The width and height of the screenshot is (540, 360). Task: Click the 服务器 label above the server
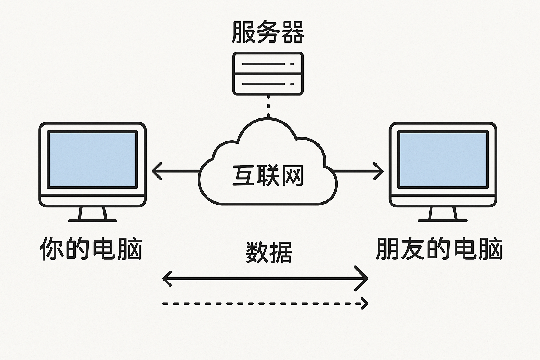tap(268, 32)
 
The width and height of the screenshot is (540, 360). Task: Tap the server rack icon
tap(268, 74)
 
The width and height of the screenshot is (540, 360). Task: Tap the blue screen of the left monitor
tap(92, 160)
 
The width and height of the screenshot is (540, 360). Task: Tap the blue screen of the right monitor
tap(443, 160)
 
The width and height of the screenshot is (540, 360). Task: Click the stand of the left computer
tap(92, 214)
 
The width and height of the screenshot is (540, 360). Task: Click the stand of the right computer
tap(443, 214)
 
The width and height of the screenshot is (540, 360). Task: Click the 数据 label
tap(269, 252)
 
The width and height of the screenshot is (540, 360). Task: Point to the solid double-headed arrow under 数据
tap(265, 278)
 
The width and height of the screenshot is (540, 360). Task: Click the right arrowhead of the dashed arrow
tap(365, 303)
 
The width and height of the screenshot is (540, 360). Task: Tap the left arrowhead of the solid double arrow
tap(167, 278)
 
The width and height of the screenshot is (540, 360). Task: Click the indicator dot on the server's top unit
tap(292, 64)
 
